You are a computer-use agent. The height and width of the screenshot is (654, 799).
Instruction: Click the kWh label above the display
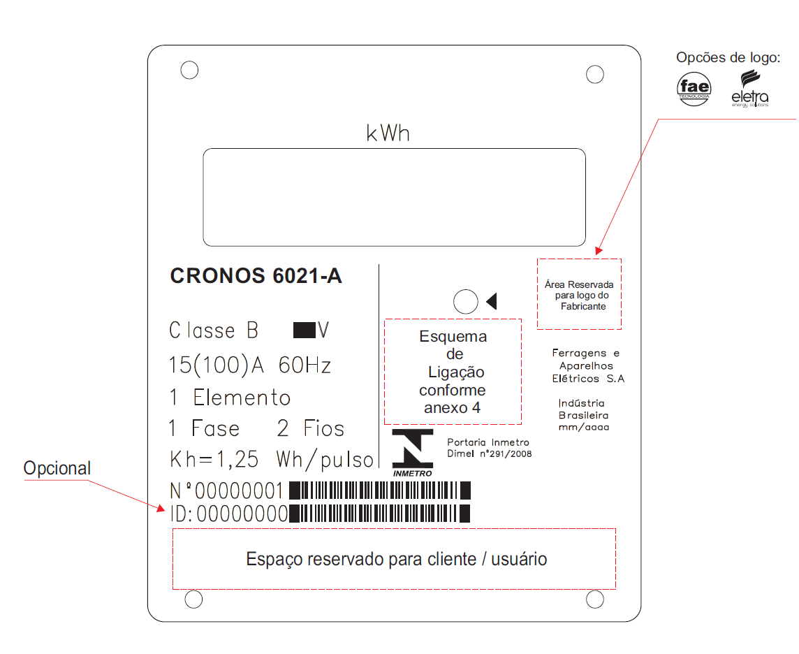388,133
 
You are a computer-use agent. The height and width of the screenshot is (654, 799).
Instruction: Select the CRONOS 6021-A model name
256,276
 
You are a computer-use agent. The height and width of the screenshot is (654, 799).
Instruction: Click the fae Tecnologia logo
694,89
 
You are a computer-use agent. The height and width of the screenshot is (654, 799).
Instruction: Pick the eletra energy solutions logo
749,89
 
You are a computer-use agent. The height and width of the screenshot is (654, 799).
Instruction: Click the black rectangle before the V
305,330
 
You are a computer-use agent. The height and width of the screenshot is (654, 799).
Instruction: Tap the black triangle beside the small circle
492,301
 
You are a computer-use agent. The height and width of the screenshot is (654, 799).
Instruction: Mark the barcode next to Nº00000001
380,490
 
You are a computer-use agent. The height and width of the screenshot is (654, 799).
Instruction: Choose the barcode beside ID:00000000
380,514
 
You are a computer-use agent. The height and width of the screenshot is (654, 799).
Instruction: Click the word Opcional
57,468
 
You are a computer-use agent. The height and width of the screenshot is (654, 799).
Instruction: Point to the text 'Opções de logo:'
728,57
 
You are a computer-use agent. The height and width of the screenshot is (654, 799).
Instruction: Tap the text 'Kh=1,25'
214,459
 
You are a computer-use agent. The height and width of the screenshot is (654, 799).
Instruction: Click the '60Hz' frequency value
305,365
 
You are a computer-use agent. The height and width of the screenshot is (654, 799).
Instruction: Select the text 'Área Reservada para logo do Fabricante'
580,295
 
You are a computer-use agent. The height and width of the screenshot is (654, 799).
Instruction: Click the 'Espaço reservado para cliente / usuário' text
397,559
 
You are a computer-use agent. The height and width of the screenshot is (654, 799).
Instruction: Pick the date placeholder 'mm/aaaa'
583,427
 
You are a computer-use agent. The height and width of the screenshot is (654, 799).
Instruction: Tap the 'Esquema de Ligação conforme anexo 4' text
453,372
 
